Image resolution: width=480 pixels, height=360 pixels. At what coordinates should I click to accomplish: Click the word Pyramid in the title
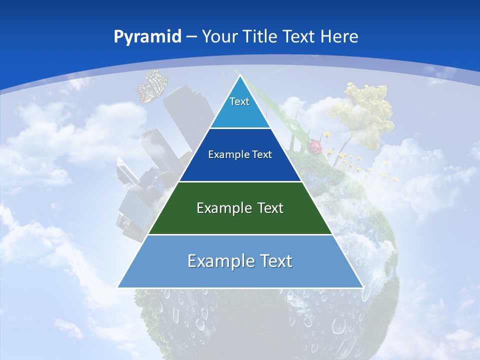coord(147,37)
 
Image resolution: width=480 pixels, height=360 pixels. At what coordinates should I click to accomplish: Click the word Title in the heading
coord(261,36)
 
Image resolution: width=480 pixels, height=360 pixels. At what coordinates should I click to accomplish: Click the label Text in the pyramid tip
coord(239,101)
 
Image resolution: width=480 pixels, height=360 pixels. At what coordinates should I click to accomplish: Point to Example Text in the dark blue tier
coord(240,154)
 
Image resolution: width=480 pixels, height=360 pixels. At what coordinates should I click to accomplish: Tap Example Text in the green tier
coord(240,208)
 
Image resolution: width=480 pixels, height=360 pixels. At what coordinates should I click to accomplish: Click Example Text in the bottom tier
coord(240,261)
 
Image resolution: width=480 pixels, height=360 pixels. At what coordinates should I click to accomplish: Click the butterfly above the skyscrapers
coord(152,86)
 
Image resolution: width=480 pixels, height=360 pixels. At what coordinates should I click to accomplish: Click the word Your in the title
coord(220,36)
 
